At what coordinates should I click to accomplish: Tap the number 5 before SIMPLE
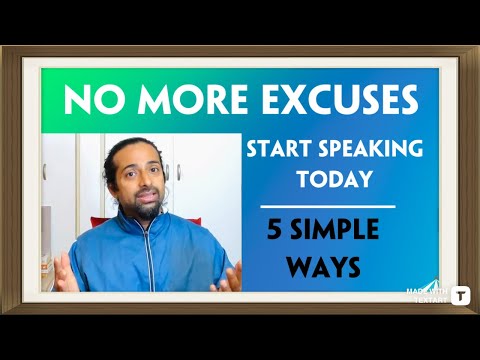(272, 229)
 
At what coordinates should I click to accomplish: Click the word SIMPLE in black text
(336, 229)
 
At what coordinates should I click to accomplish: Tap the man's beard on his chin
(145, 213)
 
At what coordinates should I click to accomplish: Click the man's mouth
(144, 201)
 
